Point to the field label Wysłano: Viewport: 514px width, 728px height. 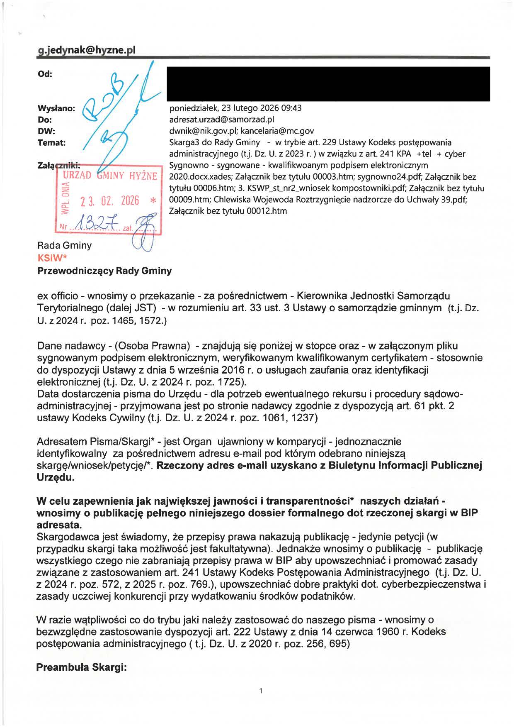click(x=56, y=108)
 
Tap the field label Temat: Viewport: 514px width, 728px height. click(x=52, y=143)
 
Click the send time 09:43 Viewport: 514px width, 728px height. click(x=292, y=108)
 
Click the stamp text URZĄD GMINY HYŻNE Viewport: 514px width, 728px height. click(x=110, y=176)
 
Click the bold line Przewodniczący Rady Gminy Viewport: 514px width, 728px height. click(x=104, y=271)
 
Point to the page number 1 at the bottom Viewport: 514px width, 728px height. click(x=261, y=691)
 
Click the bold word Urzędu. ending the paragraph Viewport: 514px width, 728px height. click(x=56, y=477)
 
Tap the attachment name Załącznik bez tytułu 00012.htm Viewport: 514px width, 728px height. click(x=228, y=211)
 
